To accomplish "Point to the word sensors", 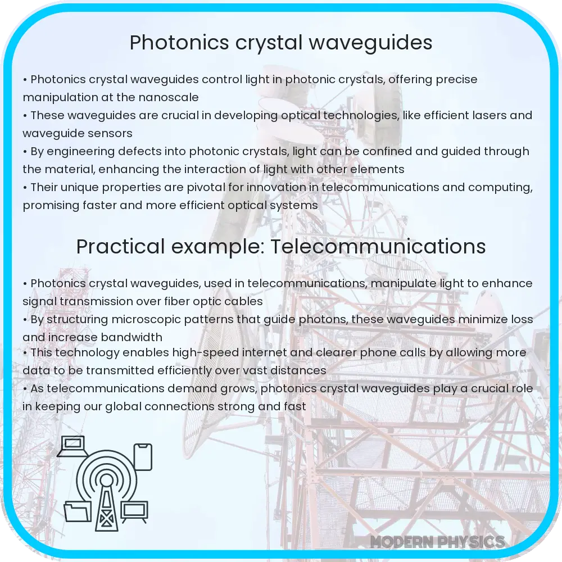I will tap(108, 133).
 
